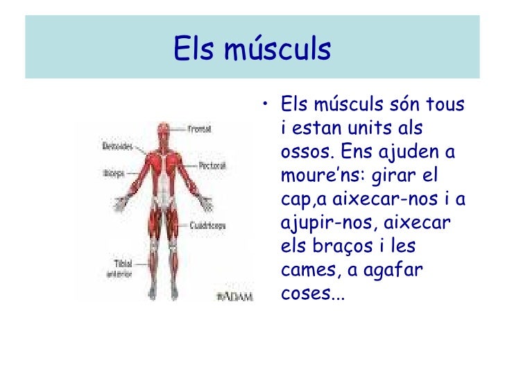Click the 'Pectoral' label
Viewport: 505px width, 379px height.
[x=211, y=166]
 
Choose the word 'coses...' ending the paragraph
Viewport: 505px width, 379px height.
[x=312, y=295]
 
